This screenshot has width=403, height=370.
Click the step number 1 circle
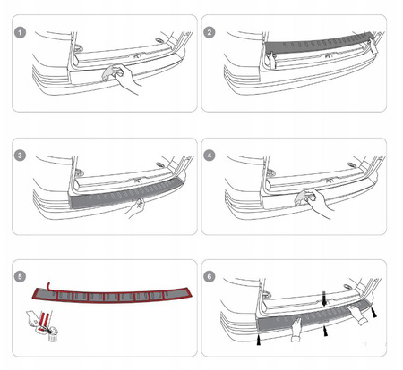point(20,32)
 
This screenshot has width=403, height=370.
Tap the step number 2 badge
point(210,32)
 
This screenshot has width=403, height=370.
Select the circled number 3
point(20,156)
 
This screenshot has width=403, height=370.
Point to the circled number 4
point(210,156)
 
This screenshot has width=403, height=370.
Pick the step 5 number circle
point(20,277)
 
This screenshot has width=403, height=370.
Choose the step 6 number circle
point(210,277)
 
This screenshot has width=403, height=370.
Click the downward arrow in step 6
point(325,299)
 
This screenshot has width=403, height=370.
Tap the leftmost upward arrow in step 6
point(259,340)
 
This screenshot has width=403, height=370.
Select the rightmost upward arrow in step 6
point(373,312)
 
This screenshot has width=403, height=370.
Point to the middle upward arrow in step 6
point(326,331)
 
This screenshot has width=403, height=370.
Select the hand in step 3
point(135,208)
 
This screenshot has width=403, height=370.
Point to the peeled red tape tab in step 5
point(48,285)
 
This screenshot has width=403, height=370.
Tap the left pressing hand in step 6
point(297,329)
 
